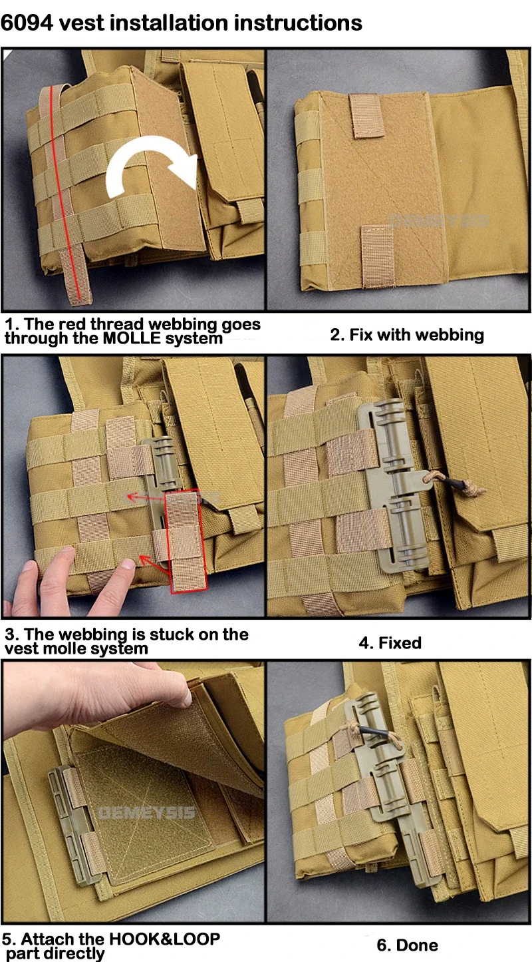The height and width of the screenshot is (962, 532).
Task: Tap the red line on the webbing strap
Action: pyautogui.click(x=65, y=193)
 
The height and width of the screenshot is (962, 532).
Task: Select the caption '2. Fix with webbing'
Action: pyautogui.click(x=407, y=335)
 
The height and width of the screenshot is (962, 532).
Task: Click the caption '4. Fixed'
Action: pyautogui.click(x=390, y=643)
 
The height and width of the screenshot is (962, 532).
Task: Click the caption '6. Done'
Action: pyautogui.click(x=407, y=945)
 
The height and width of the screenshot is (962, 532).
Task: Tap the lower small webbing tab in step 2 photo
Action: pyautogui.click(x=376, y=256)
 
